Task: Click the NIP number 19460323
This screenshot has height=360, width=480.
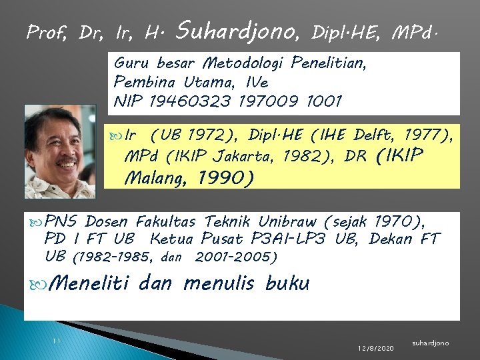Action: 185,101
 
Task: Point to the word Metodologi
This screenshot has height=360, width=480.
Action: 244,64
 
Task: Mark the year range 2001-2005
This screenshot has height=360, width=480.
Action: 237,257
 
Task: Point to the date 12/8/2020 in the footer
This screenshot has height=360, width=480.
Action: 375,348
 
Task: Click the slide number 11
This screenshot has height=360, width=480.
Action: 57,341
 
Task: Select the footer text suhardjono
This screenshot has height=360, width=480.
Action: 431,343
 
